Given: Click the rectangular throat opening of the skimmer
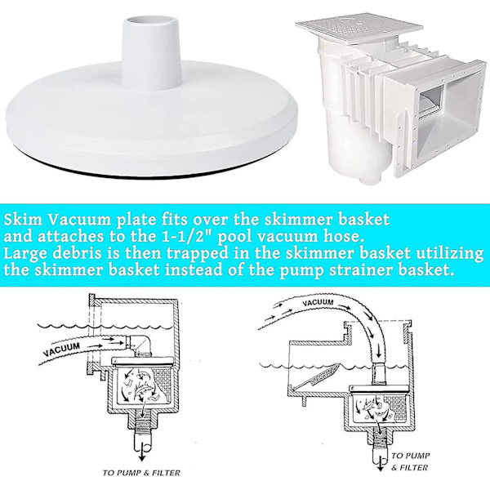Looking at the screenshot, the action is (x=431, y=100).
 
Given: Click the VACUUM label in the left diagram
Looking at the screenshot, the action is (x=61, y=349).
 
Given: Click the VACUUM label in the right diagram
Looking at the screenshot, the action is (x=318, y=302).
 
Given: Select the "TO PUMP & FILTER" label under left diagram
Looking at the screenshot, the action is (x=141, y=473).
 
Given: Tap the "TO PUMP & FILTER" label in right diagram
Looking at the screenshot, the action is (x=410, y=461).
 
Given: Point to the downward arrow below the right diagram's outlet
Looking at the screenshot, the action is (x=381, y=463).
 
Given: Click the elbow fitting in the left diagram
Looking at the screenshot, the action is (x=140, y=345).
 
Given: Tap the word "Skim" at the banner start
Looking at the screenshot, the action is (x=23, y=220).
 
